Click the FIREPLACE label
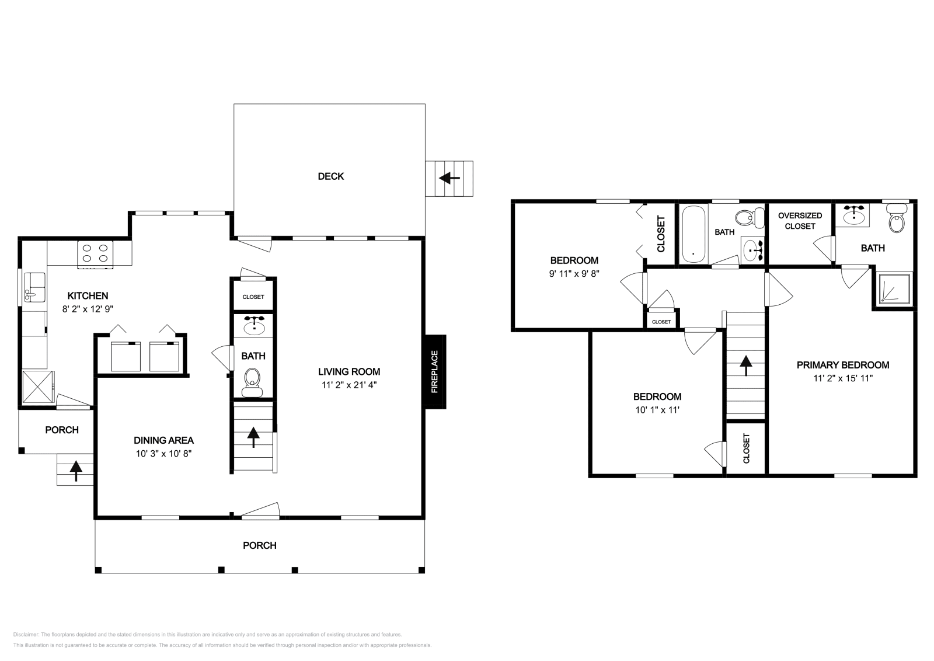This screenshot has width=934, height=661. pos(434,371)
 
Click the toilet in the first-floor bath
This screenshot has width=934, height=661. pos(253,378)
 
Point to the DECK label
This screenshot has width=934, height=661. pos(330,176)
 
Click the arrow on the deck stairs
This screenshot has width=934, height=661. pos(449,178)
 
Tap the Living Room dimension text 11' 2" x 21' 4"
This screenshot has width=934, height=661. pos(348,385)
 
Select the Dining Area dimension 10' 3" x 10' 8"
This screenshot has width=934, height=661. pos(163,453)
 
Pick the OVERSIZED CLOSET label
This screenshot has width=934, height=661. pos(800,221)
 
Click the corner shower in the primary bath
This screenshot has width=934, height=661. pos(893,288)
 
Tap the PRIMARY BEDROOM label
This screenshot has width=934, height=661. pos(842,365)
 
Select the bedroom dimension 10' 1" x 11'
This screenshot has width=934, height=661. pos(658,409)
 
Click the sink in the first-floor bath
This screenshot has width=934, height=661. pos(253,326)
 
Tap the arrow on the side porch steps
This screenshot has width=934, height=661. pos(76,470)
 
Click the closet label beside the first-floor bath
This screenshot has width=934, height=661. pos(253,297)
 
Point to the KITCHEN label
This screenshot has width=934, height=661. pos(88,296)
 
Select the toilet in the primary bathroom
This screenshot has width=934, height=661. pos(895,219)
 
